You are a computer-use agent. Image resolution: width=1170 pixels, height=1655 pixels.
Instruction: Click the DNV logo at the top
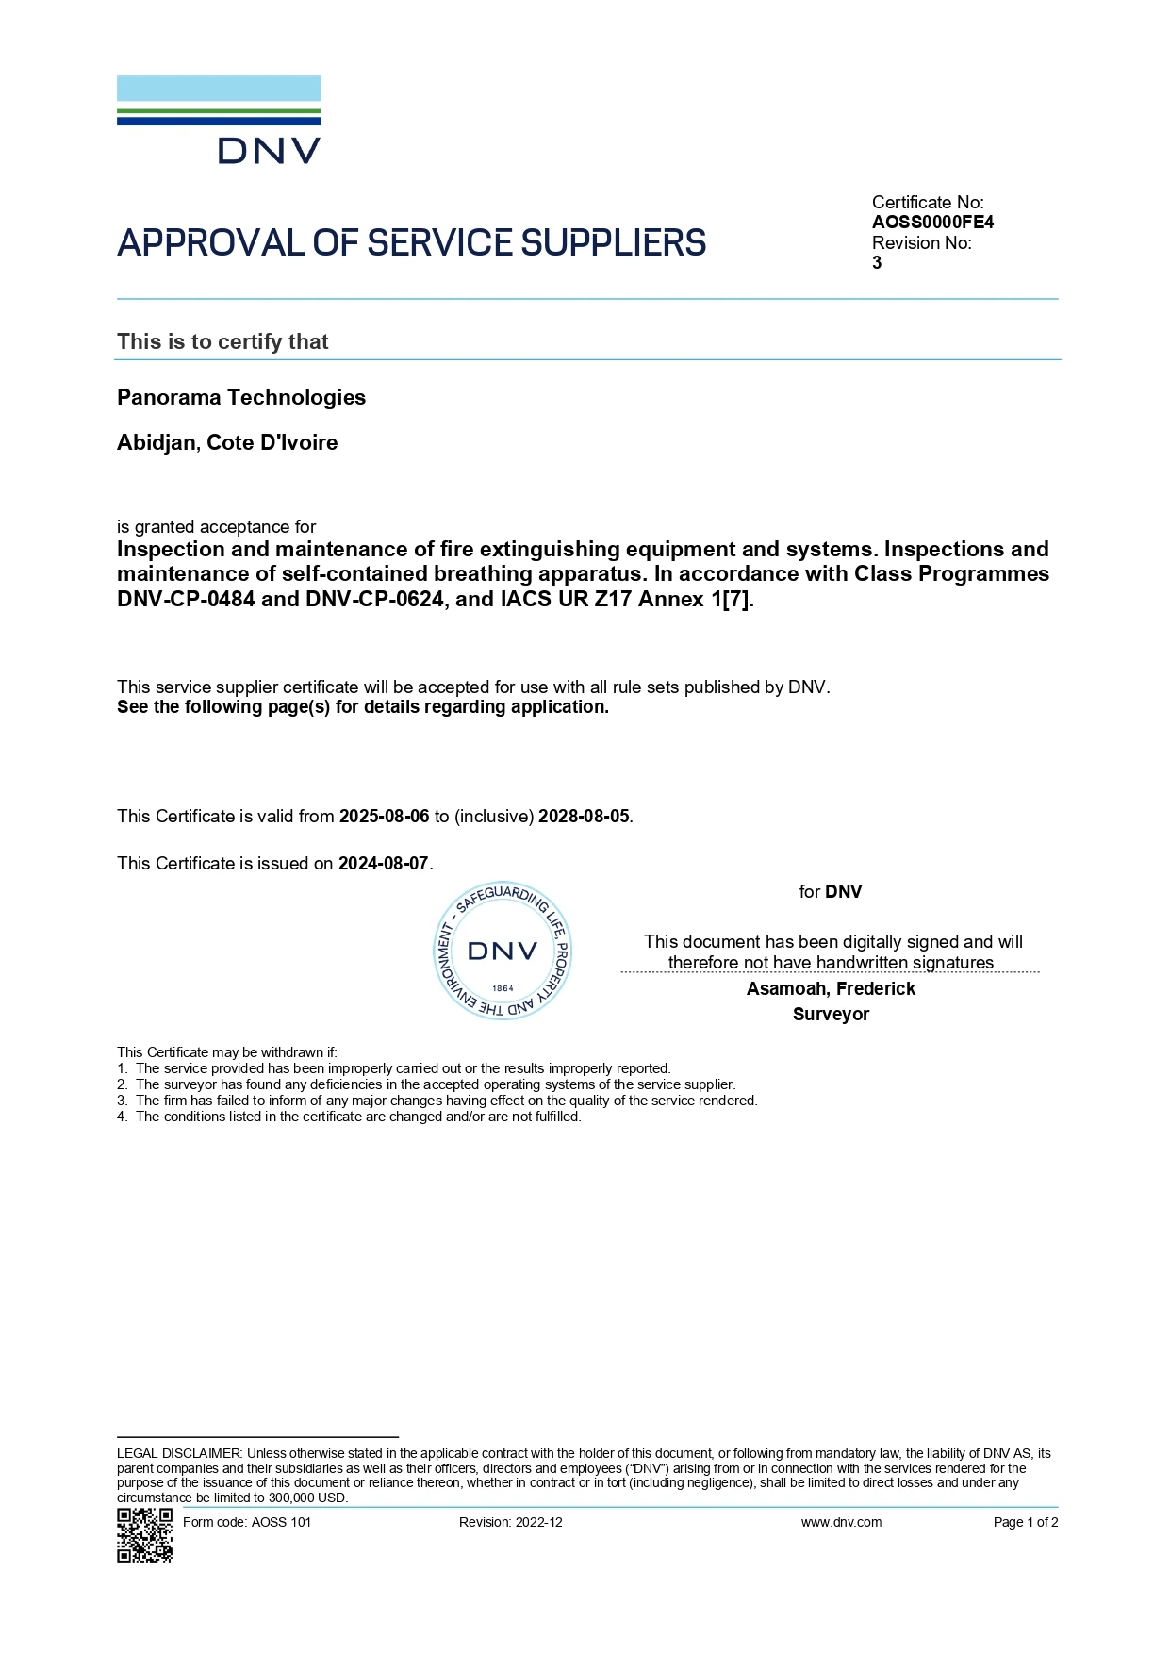tap(219, 120)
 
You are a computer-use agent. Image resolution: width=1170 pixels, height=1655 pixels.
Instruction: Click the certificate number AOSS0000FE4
tap(932, 223)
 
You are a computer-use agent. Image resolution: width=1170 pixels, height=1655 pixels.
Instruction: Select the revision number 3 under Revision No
tap(877, 263)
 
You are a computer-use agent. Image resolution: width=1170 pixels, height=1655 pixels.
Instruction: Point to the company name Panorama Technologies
tap(241, 397)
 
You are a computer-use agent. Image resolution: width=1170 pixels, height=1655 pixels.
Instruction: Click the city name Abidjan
tap(156, 443)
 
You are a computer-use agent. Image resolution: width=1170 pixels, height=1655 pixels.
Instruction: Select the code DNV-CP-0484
tap(186, 599)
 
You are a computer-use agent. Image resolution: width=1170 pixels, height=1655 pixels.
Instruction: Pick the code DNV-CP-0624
tap(374, 599)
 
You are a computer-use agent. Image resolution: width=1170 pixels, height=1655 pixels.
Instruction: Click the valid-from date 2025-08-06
tap(384, 817)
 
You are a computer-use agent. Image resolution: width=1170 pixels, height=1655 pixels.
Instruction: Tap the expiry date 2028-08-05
tap(584, 817)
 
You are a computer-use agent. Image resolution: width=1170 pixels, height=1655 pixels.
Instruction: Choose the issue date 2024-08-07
tap(383, 864)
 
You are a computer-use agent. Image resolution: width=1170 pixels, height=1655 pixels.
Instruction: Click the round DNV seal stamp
tap(503, 952)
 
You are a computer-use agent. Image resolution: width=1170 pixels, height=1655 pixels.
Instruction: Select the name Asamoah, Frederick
tap(831, 989)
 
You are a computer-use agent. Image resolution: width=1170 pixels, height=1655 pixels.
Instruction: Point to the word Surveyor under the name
tap(831, 1015)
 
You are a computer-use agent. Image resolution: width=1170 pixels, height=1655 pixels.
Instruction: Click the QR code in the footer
tap(144, 1535)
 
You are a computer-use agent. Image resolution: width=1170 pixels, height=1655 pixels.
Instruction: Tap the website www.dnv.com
tap(841, 1522)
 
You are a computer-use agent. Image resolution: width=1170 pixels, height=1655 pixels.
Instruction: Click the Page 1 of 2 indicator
tap(1026, 1522)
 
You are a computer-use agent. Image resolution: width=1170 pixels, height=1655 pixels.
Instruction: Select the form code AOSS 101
tap(280, 1522)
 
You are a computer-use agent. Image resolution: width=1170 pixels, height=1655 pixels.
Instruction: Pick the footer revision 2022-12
tap(538, 1522)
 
